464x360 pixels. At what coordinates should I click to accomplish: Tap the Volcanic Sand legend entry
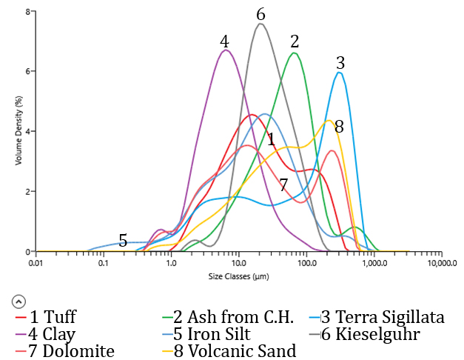[x=229, y=350]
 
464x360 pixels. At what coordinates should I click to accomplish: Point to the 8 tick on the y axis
[x=27, y=12]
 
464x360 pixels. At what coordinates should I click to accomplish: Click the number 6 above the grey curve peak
[x=260, y=14]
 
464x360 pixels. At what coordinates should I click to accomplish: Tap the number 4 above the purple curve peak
[x=224, y=41]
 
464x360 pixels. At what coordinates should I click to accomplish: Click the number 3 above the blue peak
[x=340, y=61]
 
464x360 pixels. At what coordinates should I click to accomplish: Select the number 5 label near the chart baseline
[x=123, y=240]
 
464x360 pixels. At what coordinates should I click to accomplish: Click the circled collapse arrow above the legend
[x=18, y=301]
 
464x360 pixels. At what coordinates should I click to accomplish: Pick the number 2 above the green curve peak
[x=295, y=41]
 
